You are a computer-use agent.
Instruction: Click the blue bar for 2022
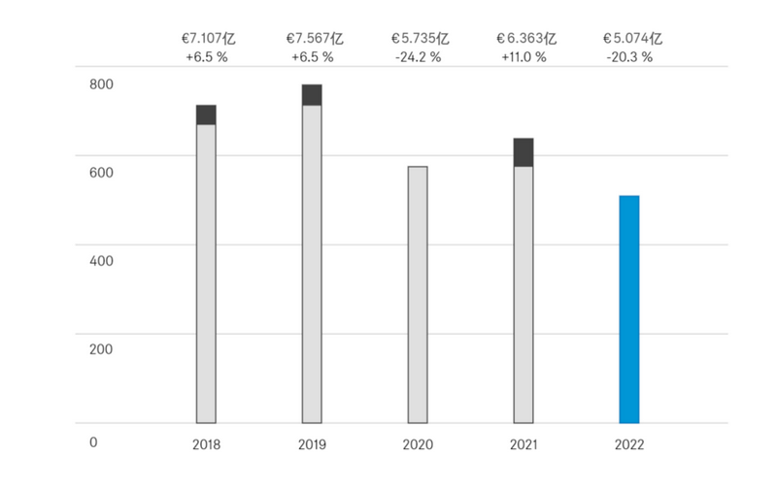click(629, 310)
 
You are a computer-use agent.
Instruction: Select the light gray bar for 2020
click(418, 295)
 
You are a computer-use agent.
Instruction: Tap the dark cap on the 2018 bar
click(206, 114)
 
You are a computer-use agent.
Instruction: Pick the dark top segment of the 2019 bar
click(312, 94)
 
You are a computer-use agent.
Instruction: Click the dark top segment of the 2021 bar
click(524, 152)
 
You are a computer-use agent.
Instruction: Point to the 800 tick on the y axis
click(102, 84)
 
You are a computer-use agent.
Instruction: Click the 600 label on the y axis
click(102, 173)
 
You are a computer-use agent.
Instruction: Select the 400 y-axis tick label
click(102, 261)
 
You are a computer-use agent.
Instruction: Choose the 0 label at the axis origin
click(94, 442)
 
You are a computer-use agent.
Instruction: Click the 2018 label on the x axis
click(206, 444)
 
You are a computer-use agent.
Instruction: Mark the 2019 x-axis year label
click(312, 444)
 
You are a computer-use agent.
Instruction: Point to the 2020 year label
click(418, 444)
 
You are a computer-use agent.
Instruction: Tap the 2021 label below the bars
click(524, 444)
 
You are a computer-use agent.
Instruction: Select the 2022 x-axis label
click(629, 444)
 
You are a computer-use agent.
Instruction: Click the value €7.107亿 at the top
click(206, 39)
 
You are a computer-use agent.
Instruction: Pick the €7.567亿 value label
click(313, 39)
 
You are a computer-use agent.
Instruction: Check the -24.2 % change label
click(419, 57)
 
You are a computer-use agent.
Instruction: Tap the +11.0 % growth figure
click(524, 57)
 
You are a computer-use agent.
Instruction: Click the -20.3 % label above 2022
click(630, 57)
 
